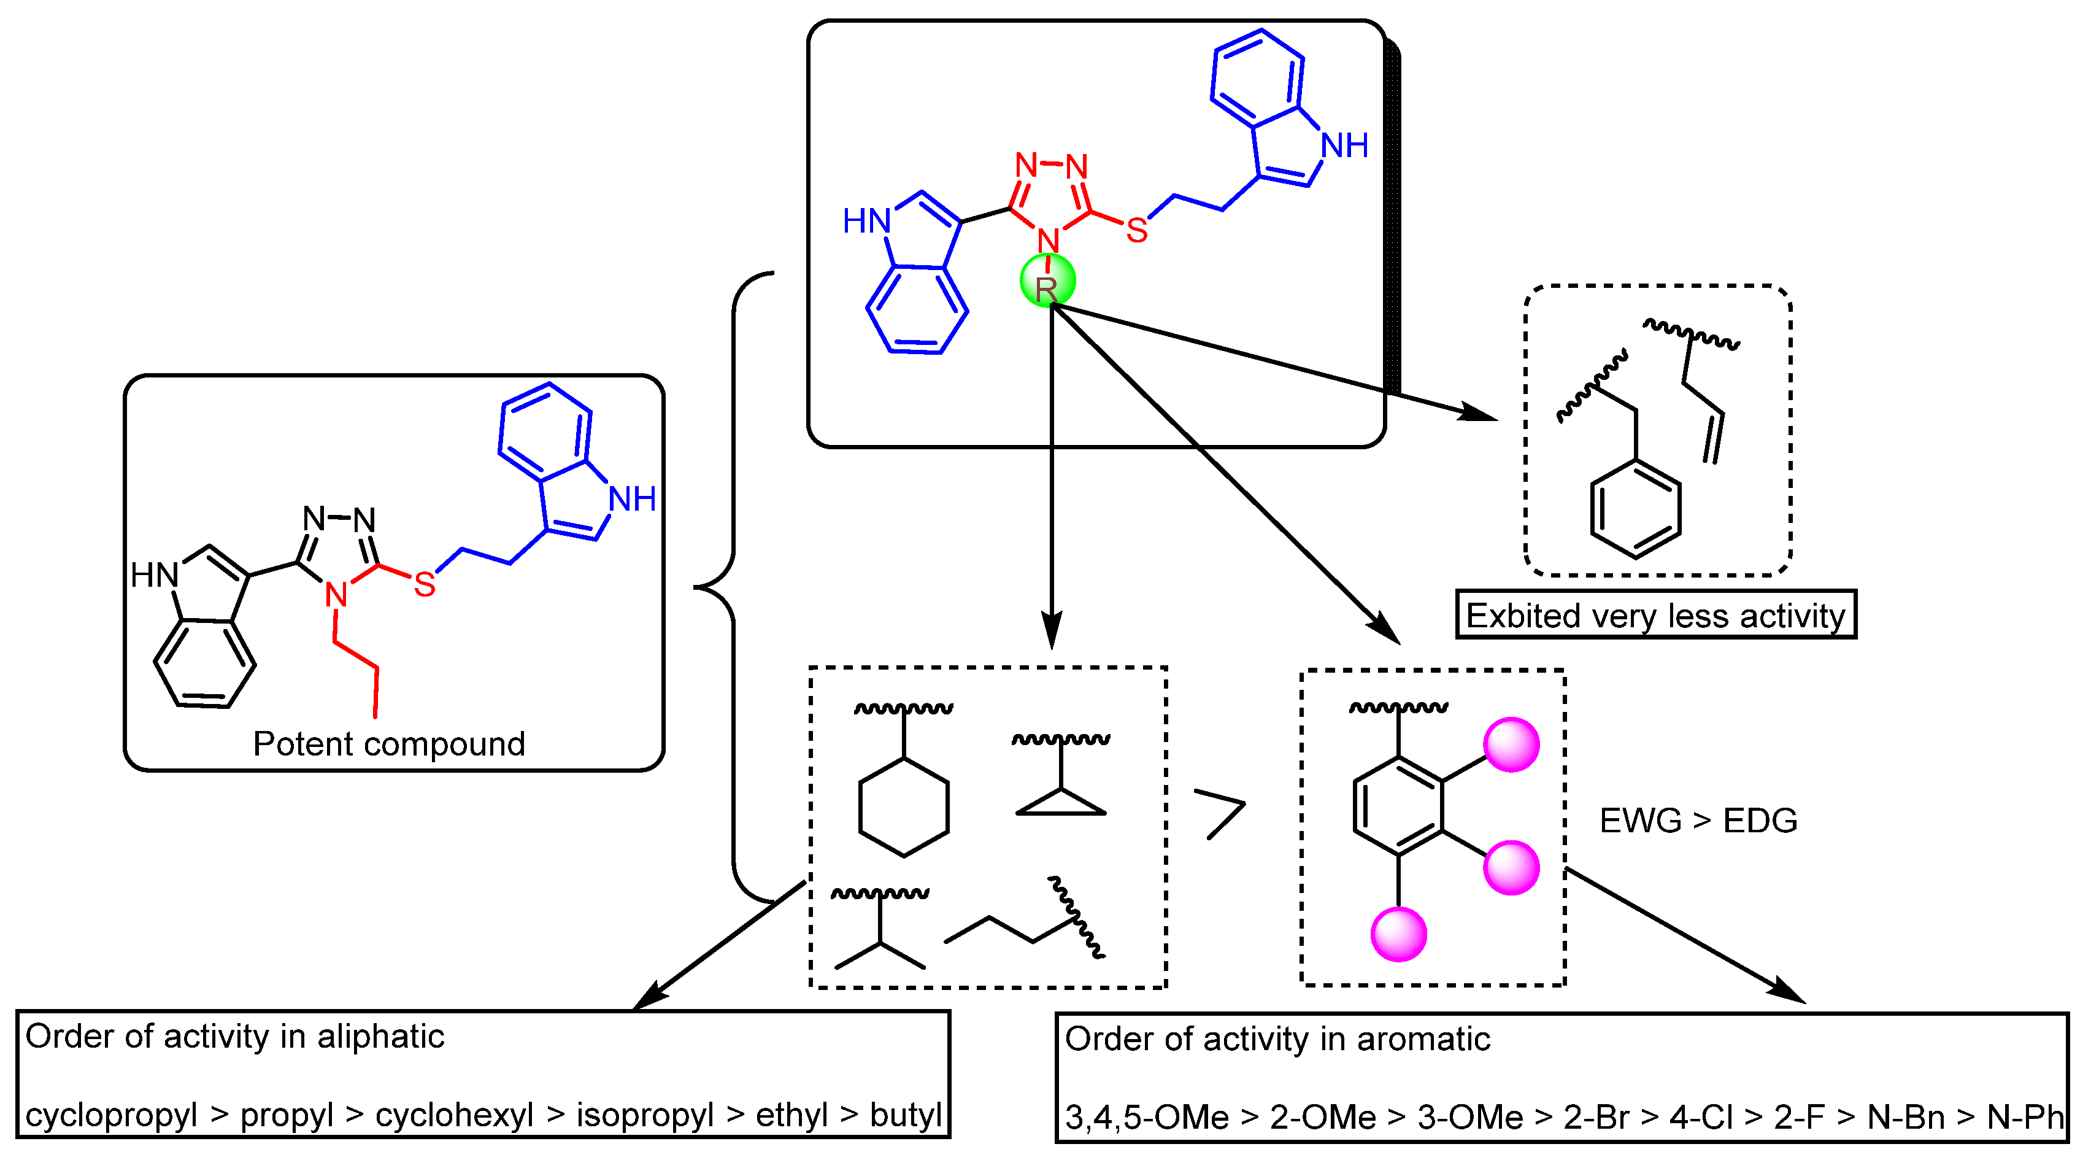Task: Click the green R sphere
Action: point(1047,282)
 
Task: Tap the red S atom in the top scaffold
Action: point(1136,231)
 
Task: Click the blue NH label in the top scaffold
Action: point(1344,146)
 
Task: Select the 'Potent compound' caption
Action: point(389,744)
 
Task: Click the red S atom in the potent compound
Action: point(425,584)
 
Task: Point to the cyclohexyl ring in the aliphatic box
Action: point(903,808)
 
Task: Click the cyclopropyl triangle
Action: point(1060,803)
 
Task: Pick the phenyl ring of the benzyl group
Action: point(1635,509)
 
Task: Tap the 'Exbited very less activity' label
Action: point(1655,616)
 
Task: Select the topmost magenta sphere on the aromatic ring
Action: point(1511,744)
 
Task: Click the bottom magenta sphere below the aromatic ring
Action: point(1398,934)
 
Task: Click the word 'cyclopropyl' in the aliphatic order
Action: point(111,1115)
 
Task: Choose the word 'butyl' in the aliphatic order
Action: point(905,1115)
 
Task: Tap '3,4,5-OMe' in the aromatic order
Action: point(1146,1118)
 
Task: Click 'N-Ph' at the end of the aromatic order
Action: point(2025,1118)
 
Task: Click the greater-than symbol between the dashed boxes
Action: point(1220,813)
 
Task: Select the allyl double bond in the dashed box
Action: point(1712,438)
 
